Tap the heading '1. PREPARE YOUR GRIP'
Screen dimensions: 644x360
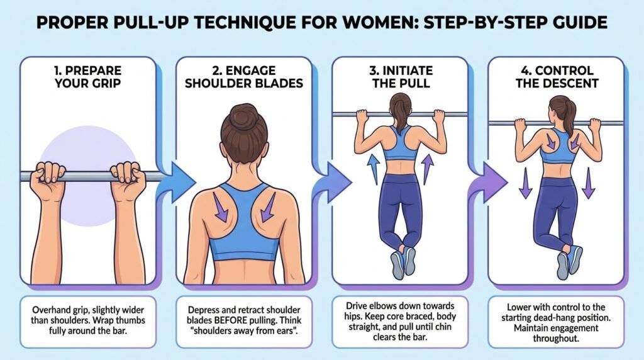click(88, 77)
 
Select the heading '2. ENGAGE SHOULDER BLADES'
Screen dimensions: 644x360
click(244, 77)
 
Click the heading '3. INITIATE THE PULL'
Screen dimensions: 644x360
click(401, 77)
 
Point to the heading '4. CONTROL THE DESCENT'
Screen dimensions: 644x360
click(557, 77)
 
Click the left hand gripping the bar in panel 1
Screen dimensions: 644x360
click(48, 180)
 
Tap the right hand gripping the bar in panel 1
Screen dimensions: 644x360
click(128, 180)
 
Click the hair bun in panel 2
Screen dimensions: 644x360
click(243, 116)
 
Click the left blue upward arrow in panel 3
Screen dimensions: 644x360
click(374, 169)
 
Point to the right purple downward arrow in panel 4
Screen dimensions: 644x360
click(589, 183)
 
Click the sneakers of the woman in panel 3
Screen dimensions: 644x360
click(403, 263)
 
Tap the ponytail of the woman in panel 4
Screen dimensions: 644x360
click(568, 116)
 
